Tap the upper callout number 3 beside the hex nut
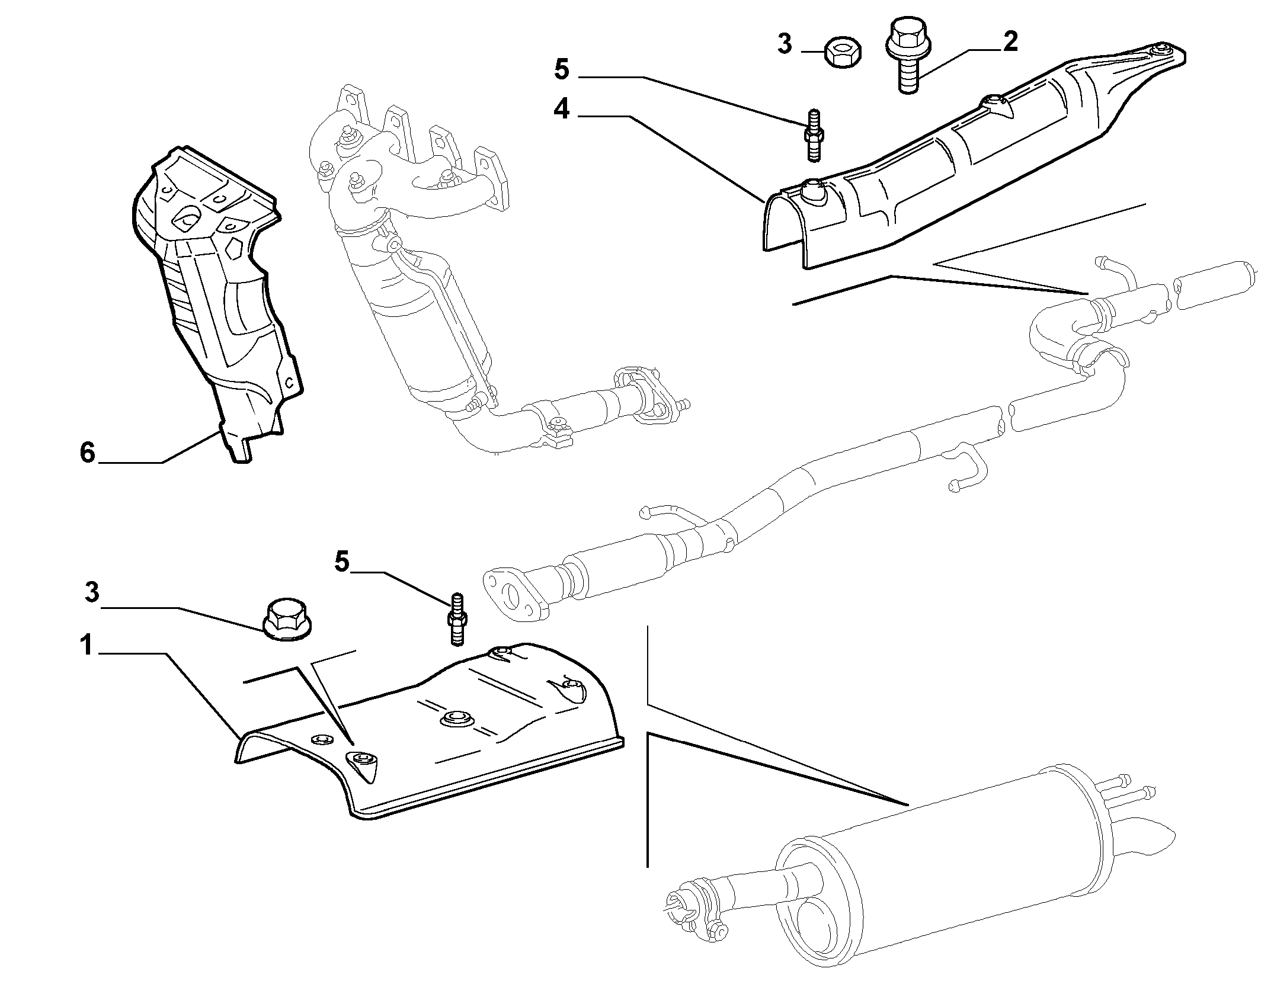pyautogui.click(x=785, y=44)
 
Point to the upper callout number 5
pyautogui.click(x=561, y=69)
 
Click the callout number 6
pyautogui.click(x=87, y=453)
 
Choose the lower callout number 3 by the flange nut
pyautogui.click(x=92, y=593)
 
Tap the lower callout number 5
pyautogui.click(x=342, y=561)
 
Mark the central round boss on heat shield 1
pyautogui.click(x=454, y=719)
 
